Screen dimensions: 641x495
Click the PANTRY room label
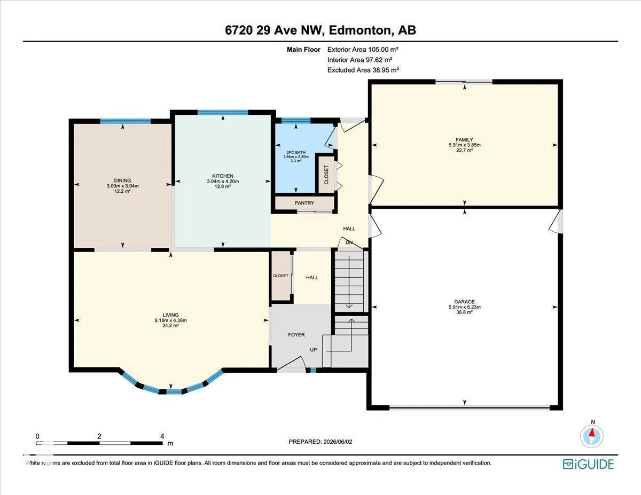click(x=304, y=203)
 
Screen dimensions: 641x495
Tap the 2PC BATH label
click(x=296, y=152)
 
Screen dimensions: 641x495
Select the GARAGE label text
click(x=465, y=302)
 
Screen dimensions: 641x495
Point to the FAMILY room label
click(x=464, y=139)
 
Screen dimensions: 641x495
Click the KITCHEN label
click(x=223, y=176)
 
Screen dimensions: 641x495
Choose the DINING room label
click(x=122, y=180)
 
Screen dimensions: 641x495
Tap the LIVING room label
click(x=170, y=315)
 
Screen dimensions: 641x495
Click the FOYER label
click(x=296, y=335)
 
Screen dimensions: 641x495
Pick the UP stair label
click(x=313, y=350)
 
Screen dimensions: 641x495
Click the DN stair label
click(x=349, y=242)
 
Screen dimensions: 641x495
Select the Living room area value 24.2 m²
click(x=170, y=326)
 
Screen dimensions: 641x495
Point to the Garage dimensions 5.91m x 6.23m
click(x=465, y=307)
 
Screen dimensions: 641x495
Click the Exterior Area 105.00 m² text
click(x=363, y=50)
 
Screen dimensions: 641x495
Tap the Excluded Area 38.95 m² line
click(x=363, y=70)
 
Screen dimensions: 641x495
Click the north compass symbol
click(x=592, y=436)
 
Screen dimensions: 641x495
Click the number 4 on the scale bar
click(x=162, y=436)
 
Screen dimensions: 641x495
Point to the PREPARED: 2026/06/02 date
click(x=320, y=442)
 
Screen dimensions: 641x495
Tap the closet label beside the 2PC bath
click(x=326, y=175)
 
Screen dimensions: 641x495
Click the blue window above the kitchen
click(x=223, y=112)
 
